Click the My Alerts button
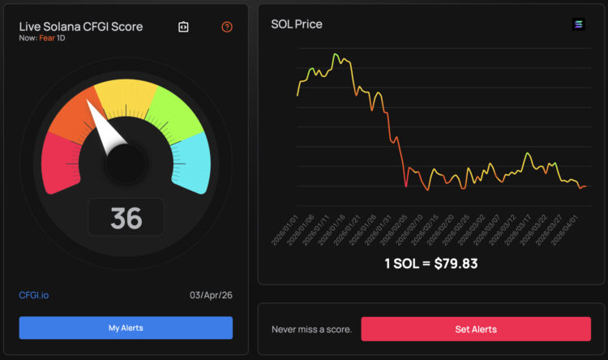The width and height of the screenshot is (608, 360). (126, 328)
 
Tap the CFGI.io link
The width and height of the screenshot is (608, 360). (33, 295)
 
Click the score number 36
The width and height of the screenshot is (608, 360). (126, 217)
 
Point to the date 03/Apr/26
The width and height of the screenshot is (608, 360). (212, 295)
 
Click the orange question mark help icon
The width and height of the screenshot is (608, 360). (227, 27)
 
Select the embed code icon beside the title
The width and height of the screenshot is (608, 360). (183, 27)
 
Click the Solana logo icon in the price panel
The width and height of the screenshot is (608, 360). (578, 24)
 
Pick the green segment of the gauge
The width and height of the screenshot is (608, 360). (175, 113)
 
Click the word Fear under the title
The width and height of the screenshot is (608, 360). (46, 38)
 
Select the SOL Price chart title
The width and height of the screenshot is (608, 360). (296, 24)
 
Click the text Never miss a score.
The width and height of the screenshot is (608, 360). (312, 329)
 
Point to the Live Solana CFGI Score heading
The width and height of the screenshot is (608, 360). (81, 27)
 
